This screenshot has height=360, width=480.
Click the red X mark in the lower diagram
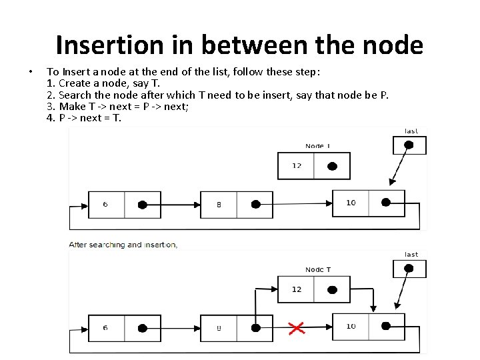(x=297, y=327)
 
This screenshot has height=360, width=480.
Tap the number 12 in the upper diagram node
(x=297, y=166)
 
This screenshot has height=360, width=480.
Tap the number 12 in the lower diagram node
(x=297, y=289)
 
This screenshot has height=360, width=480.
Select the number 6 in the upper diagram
(x=105, y=204)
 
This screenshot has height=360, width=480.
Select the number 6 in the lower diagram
(x=105, y=327)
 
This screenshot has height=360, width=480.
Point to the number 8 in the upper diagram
(x=219, y=205)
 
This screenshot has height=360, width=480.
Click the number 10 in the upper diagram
(x=351, y=203)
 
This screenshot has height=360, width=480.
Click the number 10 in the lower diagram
(x=351, y=326)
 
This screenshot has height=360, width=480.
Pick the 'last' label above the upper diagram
(x=411, y=131)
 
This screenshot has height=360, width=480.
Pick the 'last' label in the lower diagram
(x=411, y=254)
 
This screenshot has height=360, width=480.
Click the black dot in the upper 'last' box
(x=409, y=145)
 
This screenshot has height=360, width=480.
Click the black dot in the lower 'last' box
(x=409, y=269)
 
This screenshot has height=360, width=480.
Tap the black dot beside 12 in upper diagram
(x=333, y=166)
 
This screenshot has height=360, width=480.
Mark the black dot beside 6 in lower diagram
(x=142, y=327)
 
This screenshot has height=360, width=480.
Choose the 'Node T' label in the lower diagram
(x=318, y=269)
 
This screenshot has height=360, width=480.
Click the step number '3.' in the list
(x=51, y=107)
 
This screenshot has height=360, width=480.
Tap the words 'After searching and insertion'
(x=123, y=245)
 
